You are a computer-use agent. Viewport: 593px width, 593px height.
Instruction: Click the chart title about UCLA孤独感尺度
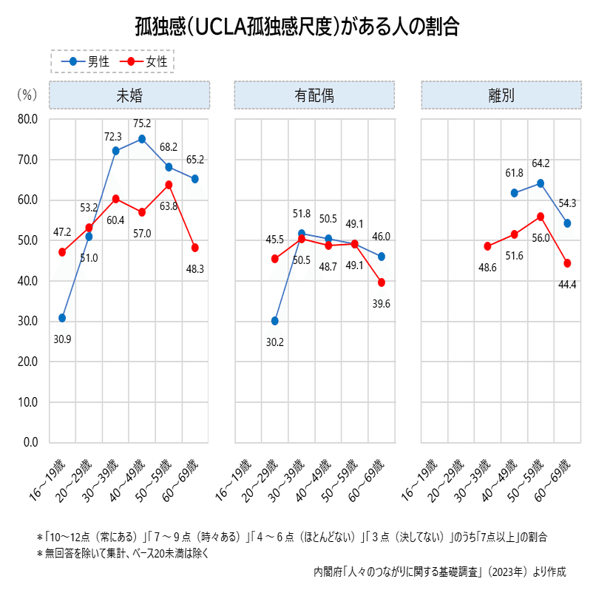point(296,27)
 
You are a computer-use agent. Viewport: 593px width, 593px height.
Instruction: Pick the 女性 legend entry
point(148,61)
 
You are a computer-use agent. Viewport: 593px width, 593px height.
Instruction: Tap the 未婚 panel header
point(129,95)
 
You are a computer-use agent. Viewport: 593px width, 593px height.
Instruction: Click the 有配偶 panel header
point(314,95)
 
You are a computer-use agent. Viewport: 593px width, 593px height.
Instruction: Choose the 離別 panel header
point(501,95)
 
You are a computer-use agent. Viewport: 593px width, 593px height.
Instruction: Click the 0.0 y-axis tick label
point(30,442)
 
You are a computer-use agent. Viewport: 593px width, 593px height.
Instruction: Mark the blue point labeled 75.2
point(142,139)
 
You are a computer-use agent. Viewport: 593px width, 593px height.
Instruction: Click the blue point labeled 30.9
point(62,318)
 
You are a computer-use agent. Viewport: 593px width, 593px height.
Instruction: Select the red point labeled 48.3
point(195,248)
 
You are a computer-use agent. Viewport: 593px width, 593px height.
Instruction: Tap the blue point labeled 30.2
point(275,321)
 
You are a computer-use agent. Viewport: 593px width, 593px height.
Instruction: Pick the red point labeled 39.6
point(382,282)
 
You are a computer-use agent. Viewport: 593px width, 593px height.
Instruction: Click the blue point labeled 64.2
point(541,183)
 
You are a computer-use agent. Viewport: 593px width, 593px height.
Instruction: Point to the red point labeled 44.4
point(567,263)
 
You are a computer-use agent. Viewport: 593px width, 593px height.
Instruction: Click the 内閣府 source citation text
point(439,572)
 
